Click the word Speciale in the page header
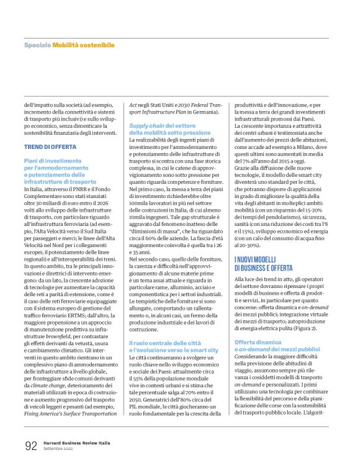(37, 45)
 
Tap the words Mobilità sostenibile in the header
(83, 45)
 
